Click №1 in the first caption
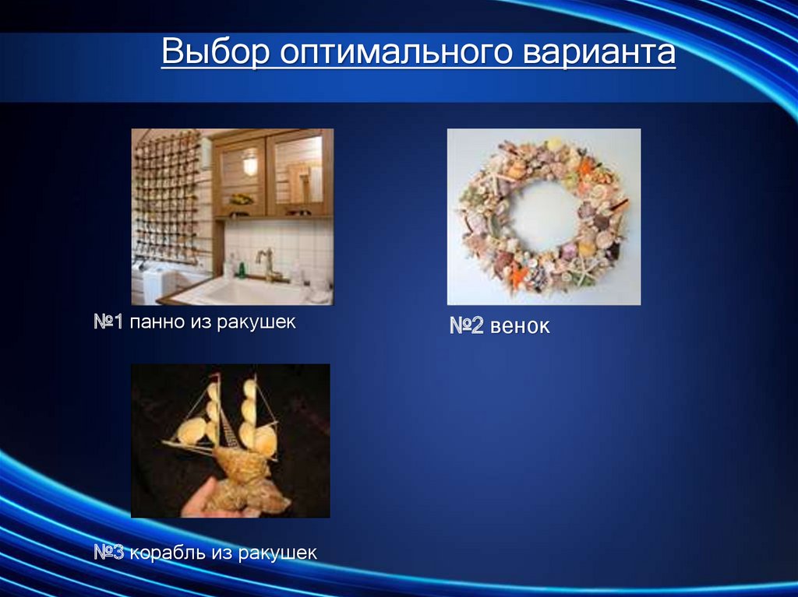110,321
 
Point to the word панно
157,321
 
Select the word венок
521,326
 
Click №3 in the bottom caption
110,553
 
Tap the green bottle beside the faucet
242,269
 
